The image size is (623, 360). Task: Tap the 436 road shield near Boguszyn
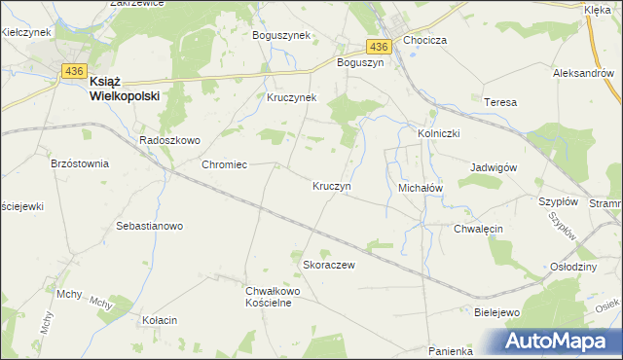[x=379, y=46]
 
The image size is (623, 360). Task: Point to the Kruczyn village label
[x=332, y=185]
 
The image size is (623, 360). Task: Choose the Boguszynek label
[x=280, y=35]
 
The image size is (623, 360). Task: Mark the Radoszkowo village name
[x=169, y=140]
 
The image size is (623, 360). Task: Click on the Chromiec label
[x=224, y=164]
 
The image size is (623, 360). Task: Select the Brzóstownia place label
[x=80, y=163]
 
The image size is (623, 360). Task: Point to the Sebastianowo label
[x=150, y=226]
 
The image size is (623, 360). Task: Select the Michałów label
[x=421, y=186]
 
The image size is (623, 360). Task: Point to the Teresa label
[x=499, y=102]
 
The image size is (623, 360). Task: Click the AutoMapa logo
[x=560, y=341]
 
